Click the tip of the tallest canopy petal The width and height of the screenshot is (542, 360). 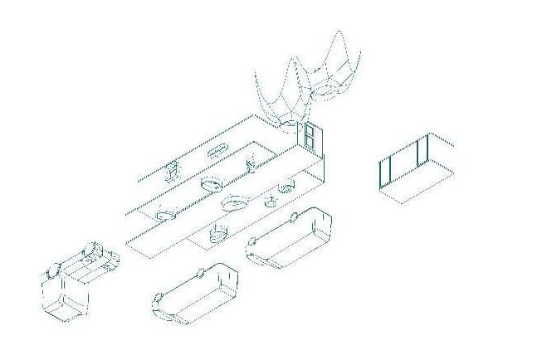click(x=339, y=32)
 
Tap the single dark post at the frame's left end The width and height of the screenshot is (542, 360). click(x=383, y=172)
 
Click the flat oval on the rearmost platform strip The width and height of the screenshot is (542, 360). click(x=216, y=151)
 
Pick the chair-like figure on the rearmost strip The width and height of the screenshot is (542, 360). click(x=173, y=172)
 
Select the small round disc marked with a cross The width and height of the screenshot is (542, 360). click(x=271, y=202)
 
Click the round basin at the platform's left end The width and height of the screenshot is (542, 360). click(x=166, y=215)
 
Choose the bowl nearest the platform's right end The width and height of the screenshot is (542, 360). click(x=286, y=186)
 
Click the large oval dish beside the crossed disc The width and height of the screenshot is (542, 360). click(x=237, y=202)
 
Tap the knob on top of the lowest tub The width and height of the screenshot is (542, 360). click(x=201, y=273)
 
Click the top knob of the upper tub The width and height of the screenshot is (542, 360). click(x=295, y=217)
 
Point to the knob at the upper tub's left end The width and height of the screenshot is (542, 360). click(x=251, y=244)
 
